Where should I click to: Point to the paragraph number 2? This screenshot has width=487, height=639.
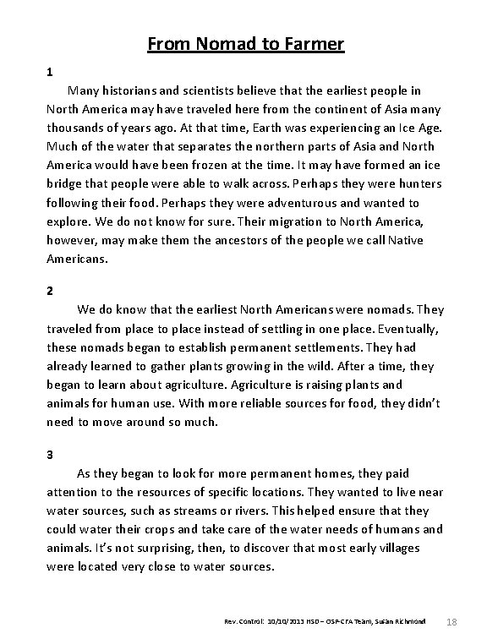click(50, 291)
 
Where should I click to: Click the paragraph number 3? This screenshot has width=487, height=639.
click(50, 454)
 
